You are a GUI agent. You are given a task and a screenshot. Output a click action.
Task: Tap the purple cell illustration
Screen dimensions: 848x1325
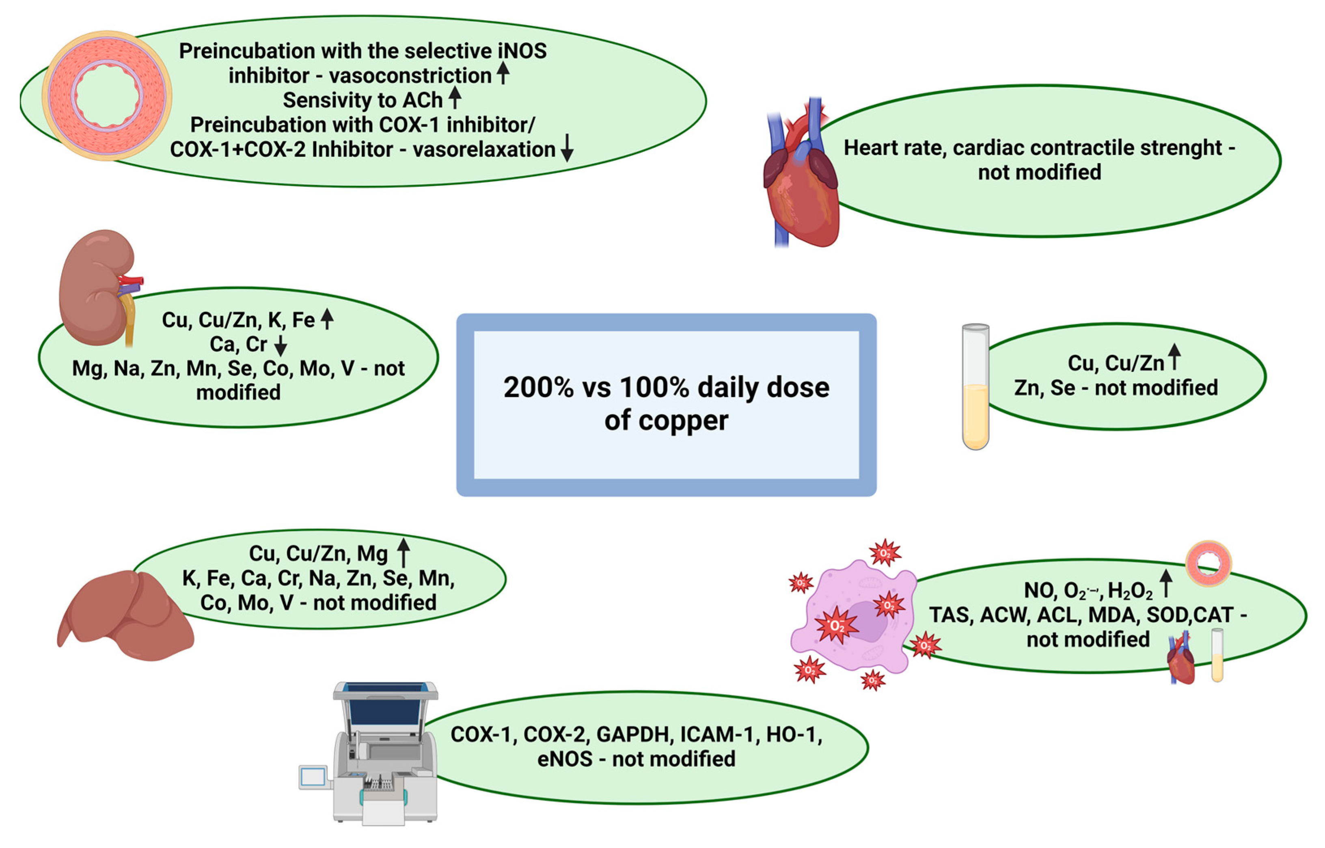(x=854, y=617)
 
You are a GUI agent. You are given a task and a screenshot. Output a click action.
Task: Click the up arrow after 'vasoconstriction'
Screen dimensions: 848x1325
(x=503, y=73)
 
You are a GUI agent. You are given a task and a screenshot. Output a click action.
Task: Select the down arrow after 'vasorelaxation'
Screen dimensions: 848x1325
(x=567, y=149)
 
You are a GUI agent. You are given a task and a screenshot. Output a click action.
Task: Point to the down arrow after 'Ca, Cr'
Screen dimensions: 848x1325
(x=281, y=344)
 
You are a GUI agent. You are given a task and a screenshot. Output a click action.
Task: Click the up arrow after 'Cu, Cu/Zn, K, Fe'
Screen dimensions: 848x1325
(x=327, y=319)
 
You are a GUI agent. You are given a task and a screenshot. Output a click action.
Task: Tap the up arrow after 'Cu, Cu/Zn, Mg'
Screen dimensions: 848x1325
(x=404, y=552)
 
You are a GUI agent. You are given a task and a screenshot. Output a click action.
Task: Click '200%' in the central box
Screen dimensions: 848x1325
(x=538, y=388)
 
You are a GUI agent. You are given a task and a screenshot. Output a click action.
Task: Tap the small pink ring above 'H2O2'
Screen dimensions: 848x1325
(x=1208, y=563)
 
